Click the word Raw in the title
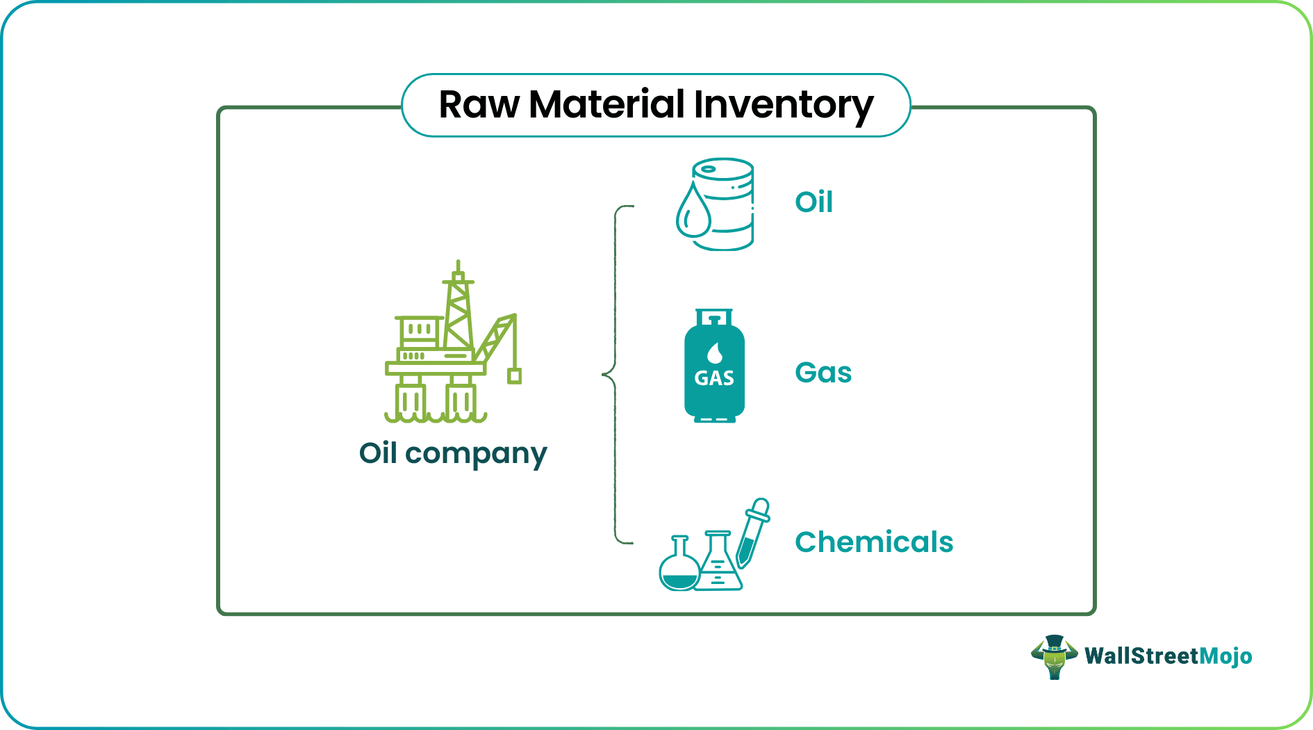[x=479, y=105]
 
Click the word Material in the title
[x=606, y=105]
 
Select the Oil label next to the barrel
[x=814, y=202]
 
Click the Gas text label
[x=823, y=373]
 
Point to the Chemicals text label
[x=874, y=542]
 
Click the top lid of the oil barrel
[x=722, y=169]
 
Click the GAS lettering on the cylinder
[x=714, y=379]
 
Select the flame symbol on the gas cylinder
[x=714, y=353]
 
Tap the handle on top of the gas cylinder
[x=714, y=318]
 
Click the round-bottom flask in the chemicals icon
[x=679, y=570]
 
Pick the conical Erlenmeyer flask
[x=719, y=567]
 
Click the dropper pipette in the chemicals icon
[x=753, y=532]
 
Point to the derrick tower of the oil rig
[x=458, y=313]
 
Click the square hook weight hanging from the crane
[x=514, y=376]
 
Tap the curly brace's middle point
[x=605, y=375]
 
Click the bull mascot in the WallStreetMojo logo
[x=1054, y=656]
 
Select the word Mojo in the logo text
[x=1225, y=656]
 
